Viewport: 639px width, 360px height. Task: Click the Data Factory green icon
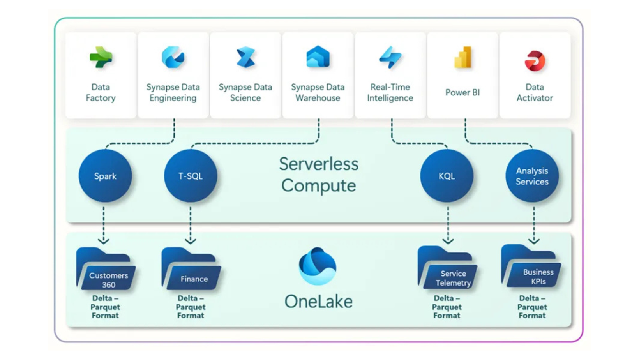pyautogui.click(x=101, y=58)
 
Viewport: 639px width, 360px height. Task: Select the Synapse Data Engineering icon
pyautogui.click(x=173, y=57)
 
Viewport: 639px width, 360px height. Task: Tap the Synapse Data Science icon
pyautogui.click(x=245, y=58)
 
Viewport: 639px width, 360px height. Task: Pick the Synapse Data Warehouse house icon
pyautogui.click(x=318, y=57)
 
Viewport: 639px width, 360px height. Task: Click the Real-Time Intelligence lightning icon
pyautogui.click(x=390, y=57)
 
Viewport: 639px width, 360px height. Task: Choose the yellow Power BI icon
pyautogui.click(x=463, y=58)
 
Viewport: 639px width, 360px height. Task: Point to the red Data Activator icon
pyautogui.click(x=535, y=61)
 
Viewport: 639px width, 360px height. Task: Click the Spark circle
pyautogui.click(x=105, y=176)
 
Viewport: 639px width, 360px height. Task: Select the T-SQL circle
pyautogui.click(x=191, y=176)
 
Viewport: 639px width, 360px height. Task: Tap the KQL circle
pyautogui.click(x=447, y=176)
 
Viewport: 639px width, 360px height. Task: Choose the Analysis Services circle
pyautogui.click(x=532, y=176)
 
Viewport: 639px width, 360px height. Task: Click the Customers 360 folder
pyautogui.click(x=106, y=270)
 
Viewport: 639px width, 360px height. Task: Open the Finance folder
pyautogui.click(x=191, y=270)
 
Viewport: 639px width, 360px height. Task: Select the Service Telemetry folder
pyautogui.click(x=447, y=269)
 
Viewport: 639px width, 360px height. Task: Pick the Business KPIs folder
pyautogui.click(x=531, y=267)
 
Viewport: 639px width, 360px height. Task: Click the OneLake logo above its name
pyautogui.click(x=318, y=266)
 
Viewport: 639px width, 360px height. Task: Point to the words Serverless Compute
pyautogui.click(x=319, y=175)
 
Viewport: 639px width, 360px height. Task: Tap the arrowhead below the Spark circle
pyautogui.click(x=104, y=241)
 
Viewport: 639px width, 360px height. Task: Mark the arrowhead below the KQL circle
pyautogui.click(x=448, y=241)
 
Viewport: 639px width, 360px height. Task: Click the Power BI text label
pyautogui.click(x=462, y=92)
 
